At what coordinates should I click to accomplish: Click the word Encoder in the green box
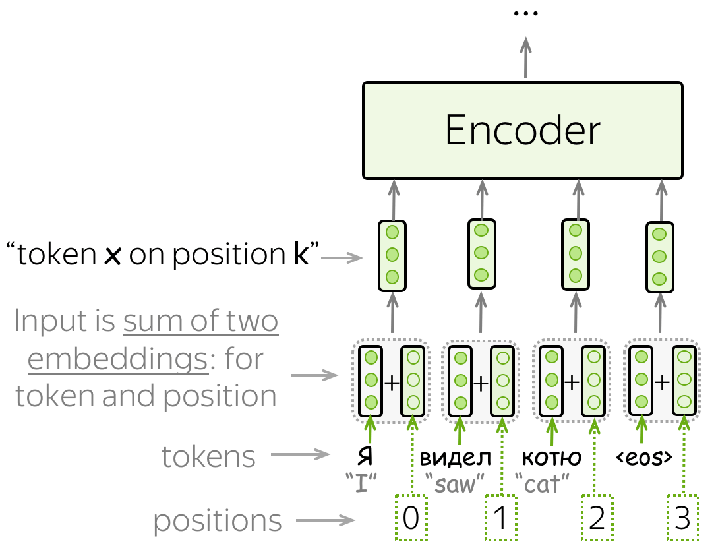pos(523,130)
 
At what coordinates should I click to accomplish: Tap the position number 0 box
pos(411,518)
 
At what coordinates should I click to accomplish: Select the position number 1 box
pos(501,518)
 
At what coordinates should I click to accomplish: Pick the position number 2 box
pos(597,518)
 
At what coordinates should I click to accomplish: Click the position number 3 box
pos(683,518)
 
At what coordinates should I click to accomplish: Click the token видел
pos(456,457)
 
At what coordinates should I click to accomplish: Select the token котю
pos(552,457)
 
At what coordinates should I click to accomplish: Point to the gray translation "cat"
pos(542,484)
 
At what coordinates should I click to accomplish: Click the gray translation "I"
pos(361,484)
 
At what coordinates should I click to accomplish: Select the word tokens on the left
pos(208,456)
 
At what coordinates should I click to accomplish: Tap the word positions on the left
pos(218,520)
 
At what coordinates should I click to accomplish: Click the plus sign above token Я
pos(392,383)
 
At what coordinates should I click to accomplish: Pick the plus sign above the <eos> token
pos(662,383)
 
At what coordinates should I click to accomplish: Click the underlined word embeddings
pos(118,359)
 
